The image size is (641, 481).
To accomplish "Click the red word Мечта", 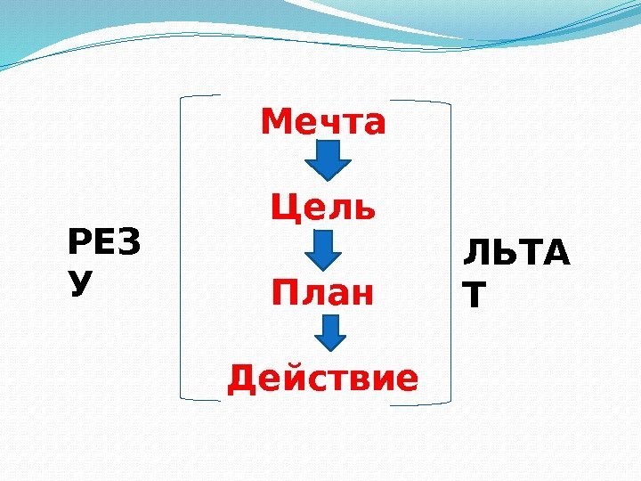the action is pyautogui.click(x=324, y=123).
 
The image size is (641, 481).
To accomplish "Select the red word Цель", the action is pyautogui.click(x=324, y=209).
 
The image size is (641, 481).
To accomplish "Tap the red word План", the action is pyautogui.click(x=324, y=291).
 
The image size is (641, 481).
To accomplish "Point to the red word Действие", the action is pyautogui.click(x=322, y=378).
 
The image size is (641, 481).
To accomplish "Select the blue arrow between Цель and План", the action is pyautogui.click(x=325, y=249).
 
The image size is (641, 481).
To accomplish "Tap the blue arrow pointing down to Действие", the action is pyautogui.click(x=331, y=331).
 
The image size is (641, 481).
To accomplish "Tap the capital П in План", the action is pyautogui.click(x=286, y=291).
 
